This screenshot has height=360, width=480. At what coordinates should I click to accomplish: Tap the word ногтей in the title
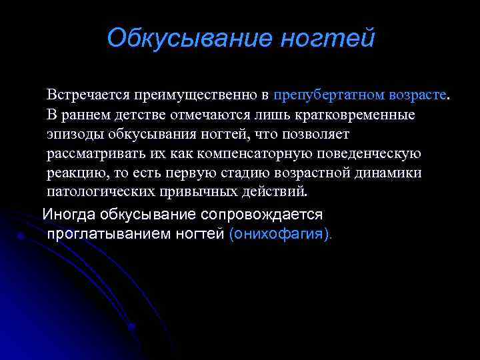point(327,37)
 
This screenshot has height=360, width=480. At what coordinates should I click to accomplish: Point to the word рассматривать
point(93,153)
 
